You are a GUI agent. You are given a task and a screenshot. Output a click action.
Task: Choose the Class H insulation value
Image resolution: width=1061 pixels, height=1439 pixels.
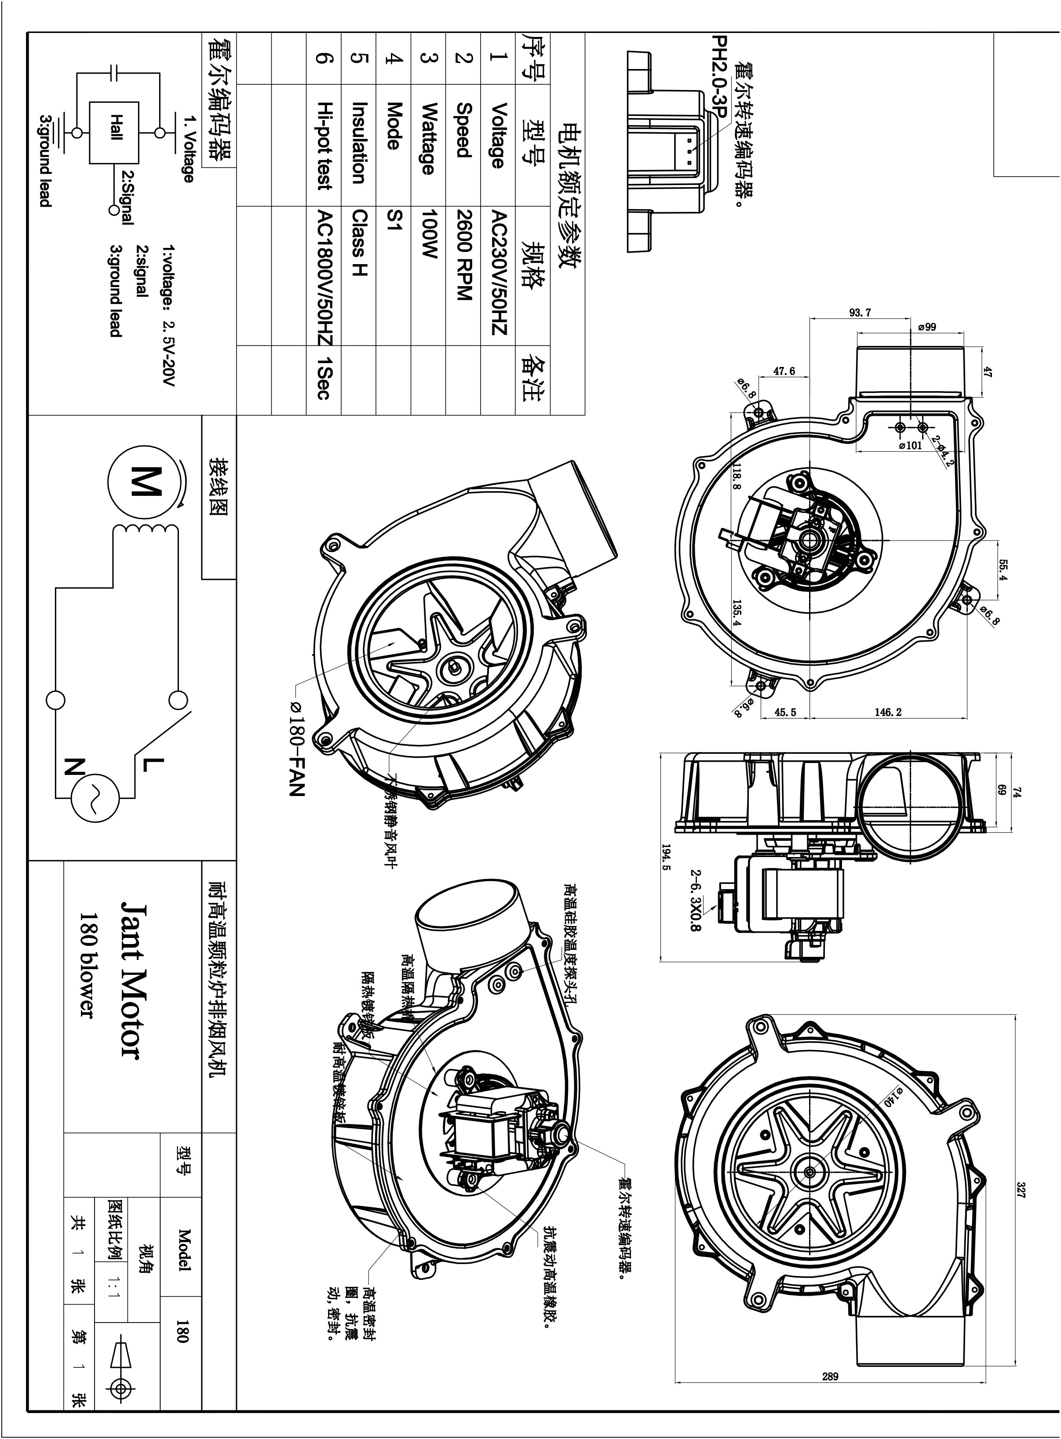(x=360, y=244)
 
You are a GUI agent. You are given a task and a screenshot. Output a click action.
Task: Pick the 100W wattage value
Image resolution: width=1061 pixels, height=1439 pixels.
(x=428, y=234)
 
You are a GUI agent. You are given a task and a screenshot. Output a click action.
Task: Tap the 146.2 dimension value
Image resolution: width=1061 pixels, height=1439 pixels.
(x=888, y=712)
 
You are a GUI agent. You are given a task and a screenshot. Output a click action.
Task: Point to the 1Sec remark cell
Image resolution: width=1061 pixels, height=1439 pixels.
(x=324, y=379)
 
